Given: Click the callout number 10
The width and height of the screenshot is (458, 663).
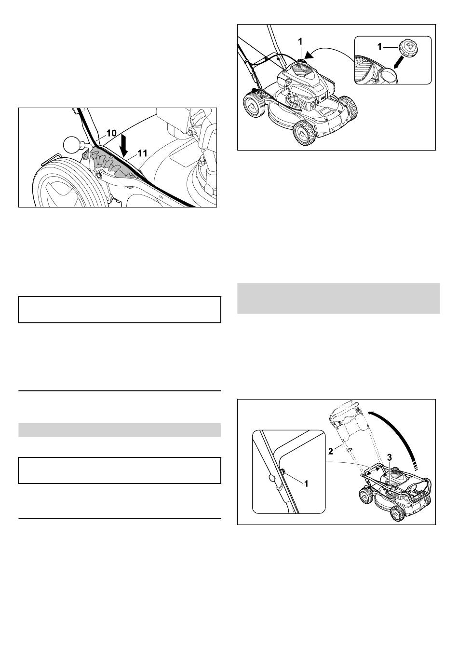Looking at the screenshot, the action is tap(111, 133).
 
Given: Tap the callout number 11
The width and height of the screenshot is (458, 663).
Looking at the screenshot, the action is tap(142, 153).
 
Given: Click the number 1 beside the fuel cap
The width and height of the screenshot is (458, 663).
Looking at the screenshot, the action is tap(380, 47).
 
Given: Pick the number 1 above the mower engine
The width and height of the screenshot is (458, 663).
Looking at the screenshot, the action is tap(300, 41).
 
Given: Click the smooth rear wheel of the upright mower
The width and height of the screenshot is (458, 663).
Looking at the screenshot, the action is tap(254, 105).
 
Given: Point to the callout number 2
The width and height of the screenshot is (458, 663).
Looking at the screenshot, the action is tap(331, 452).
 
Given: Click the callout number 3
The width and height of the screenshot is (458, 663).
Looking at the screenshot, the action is tap(390, 457).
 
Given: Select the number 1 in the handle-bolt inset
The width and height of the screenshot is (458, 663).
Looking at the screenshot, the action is tap(306, 483).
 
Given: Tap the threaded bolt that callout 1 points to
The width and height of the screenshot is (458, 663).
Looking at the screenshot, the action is tap(283, 472).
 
